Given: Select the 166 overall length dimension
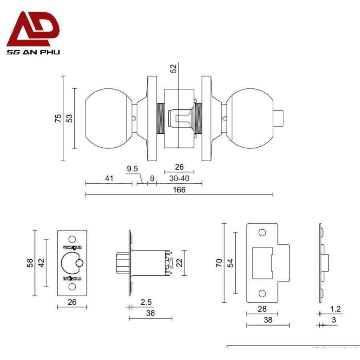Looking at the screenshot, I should [179, 190].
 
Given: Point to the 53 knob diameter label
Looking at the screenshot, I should [69, 118].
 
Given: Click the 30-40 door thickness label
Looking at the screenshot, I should [179, 178].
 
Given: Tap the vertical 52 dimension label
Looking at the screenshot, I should [173, 68].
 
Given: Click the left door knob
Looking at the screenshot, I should [109, 118].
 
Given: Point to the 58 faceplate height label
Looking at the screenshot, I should [30, 263].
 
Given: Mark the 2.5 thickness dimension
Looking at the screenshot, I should [146, 302].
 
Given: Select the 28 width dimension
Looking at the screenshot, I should [262, 309].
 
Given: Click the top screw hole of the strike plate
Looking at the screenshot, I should [262, 232].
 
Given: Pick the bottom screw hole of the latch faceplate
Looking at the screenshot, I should [72, 287].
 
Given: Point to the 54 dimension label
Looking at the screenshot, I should [230, 263].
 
